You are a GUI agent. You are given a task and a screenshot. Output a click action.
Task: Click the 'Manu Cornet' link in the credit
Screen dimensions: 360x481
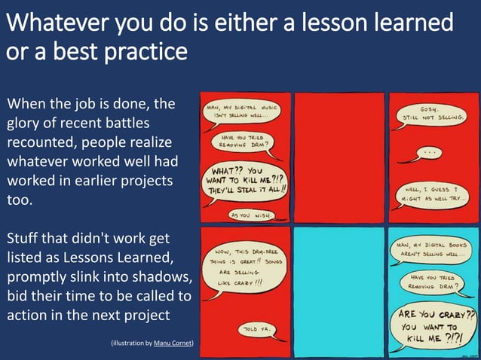[x=173, y=343]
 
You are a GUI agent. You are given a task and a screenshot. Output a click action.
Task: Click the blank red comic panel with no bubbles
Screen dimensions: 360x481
[x=339, y=156]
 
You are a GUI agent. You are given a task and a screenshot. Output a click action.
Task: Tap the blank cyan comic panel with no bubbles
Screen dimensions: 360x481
[x=339, y=291]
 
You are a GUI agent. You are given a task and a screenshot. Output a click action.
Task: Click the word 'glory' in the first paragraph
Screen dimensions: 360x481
[x=26, y=123]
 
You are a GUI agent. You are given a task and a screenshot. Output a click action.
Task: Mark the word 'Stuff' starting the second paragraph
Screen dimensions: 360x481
[x=25, y=239]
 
